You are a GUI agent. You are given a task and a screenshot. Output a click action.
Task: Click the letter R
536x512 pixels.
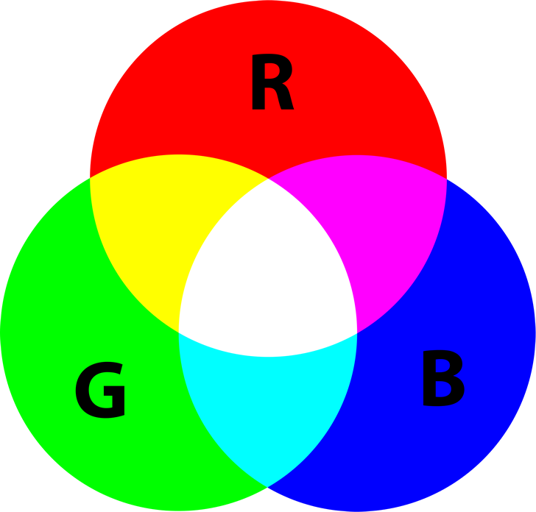tap(271, 85)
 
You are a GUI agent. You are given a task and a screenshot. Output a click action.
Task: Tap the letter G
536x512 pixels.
tap(101, 391)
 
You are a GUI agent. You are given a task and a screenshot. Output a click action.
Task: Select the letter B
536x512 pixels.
tap(442, 379)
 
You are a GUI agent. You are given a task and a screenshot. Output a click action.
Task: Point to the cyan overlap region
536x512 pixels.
tap(269, 412)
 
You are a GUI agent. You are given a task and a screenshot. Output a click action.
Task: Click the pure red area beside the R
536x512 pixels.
tap(184, 88)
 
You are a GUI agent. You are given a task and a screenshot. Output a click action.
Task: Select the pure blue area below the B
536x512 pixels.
tap(442, 449)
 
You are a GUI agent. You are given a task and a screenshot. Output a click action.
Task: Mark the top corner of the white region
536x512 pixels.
tap(269, 179)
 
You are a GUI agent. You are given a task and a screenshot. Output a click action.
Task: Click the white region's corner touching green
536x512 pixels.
tap(180, 332)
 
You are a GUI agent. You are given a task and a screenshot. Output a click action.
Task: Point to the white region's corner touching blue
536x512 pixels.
tap(357, 332)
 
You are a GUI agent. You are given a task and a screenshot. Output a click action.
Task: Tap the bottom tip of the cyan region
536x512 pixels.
tap(269, 486)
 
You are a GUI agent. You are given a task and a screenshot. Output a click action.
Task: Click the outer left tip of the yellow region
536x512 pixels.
tap(91, 177)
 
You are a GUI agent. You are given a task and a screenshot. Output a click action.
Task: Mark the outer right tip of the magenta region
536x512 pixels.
tap(445, 177)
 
